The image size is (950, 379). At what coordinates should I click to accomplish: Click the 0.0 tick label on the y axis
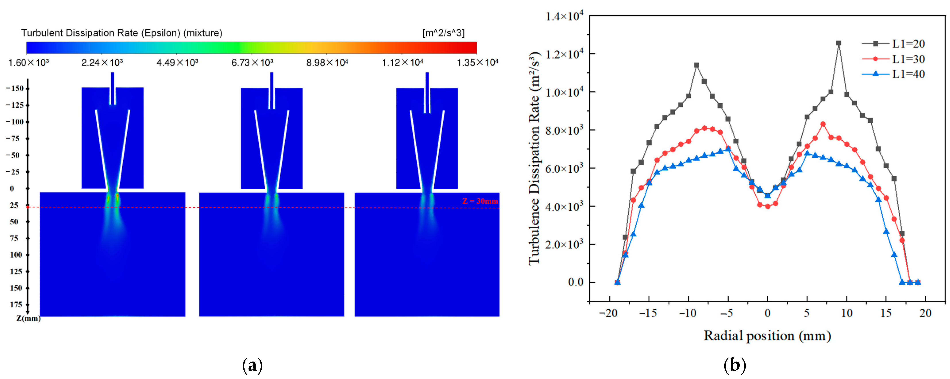click(x=576, y=282)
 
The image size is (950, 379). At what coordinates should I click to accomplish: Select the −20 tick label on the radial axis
click(x=608, y=313)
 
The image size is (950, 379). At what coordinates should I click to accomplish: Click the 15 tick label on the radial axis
click(x=886, y=313)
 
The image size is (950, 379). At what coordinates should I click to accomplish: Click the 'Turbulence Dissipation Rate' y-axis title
click(x=534, y=159)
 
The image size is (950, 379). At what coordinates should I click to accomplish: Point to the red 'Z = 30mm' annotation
click(x=480, y=201)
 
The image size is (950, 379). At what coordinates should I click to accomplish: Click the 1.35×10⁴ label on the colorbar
click(x=477, y=63)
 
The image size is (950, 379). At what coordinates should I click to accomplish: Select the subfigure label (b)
click(x=735, y=366)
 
